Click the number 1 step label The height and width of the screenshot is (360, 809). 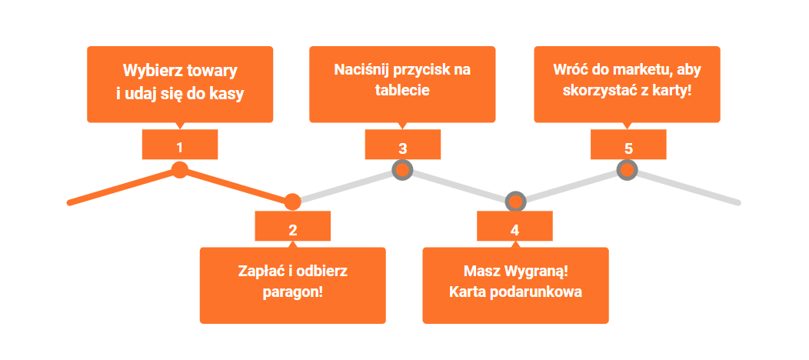click(x=180, y=145)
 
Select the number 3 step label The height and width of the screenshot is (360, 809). click(x=402, y=146)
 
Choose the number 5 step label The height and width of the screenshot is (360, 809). click(x=628, y=146)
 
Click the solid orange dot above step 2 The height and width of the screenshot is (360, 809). click(x=292, y=202)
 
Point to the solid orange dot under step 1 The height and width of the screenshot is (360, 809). click(x=180, y=170)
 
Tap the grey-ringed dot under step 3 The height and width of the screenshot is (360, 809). click(x=402, y=170)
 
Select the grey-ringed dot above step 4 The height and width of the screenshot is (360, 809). click(x=515, y=202)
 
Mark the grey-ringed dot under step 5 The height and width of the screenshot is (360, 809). click(x=628, y=170)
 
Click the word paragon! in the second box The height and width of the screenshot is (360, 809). click(x=292, y=292)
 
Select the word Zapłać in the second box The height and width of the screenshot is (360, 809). click(x=258, y=271)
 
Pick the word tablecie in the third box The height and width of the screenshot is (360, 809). click(x=402, y=89)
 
